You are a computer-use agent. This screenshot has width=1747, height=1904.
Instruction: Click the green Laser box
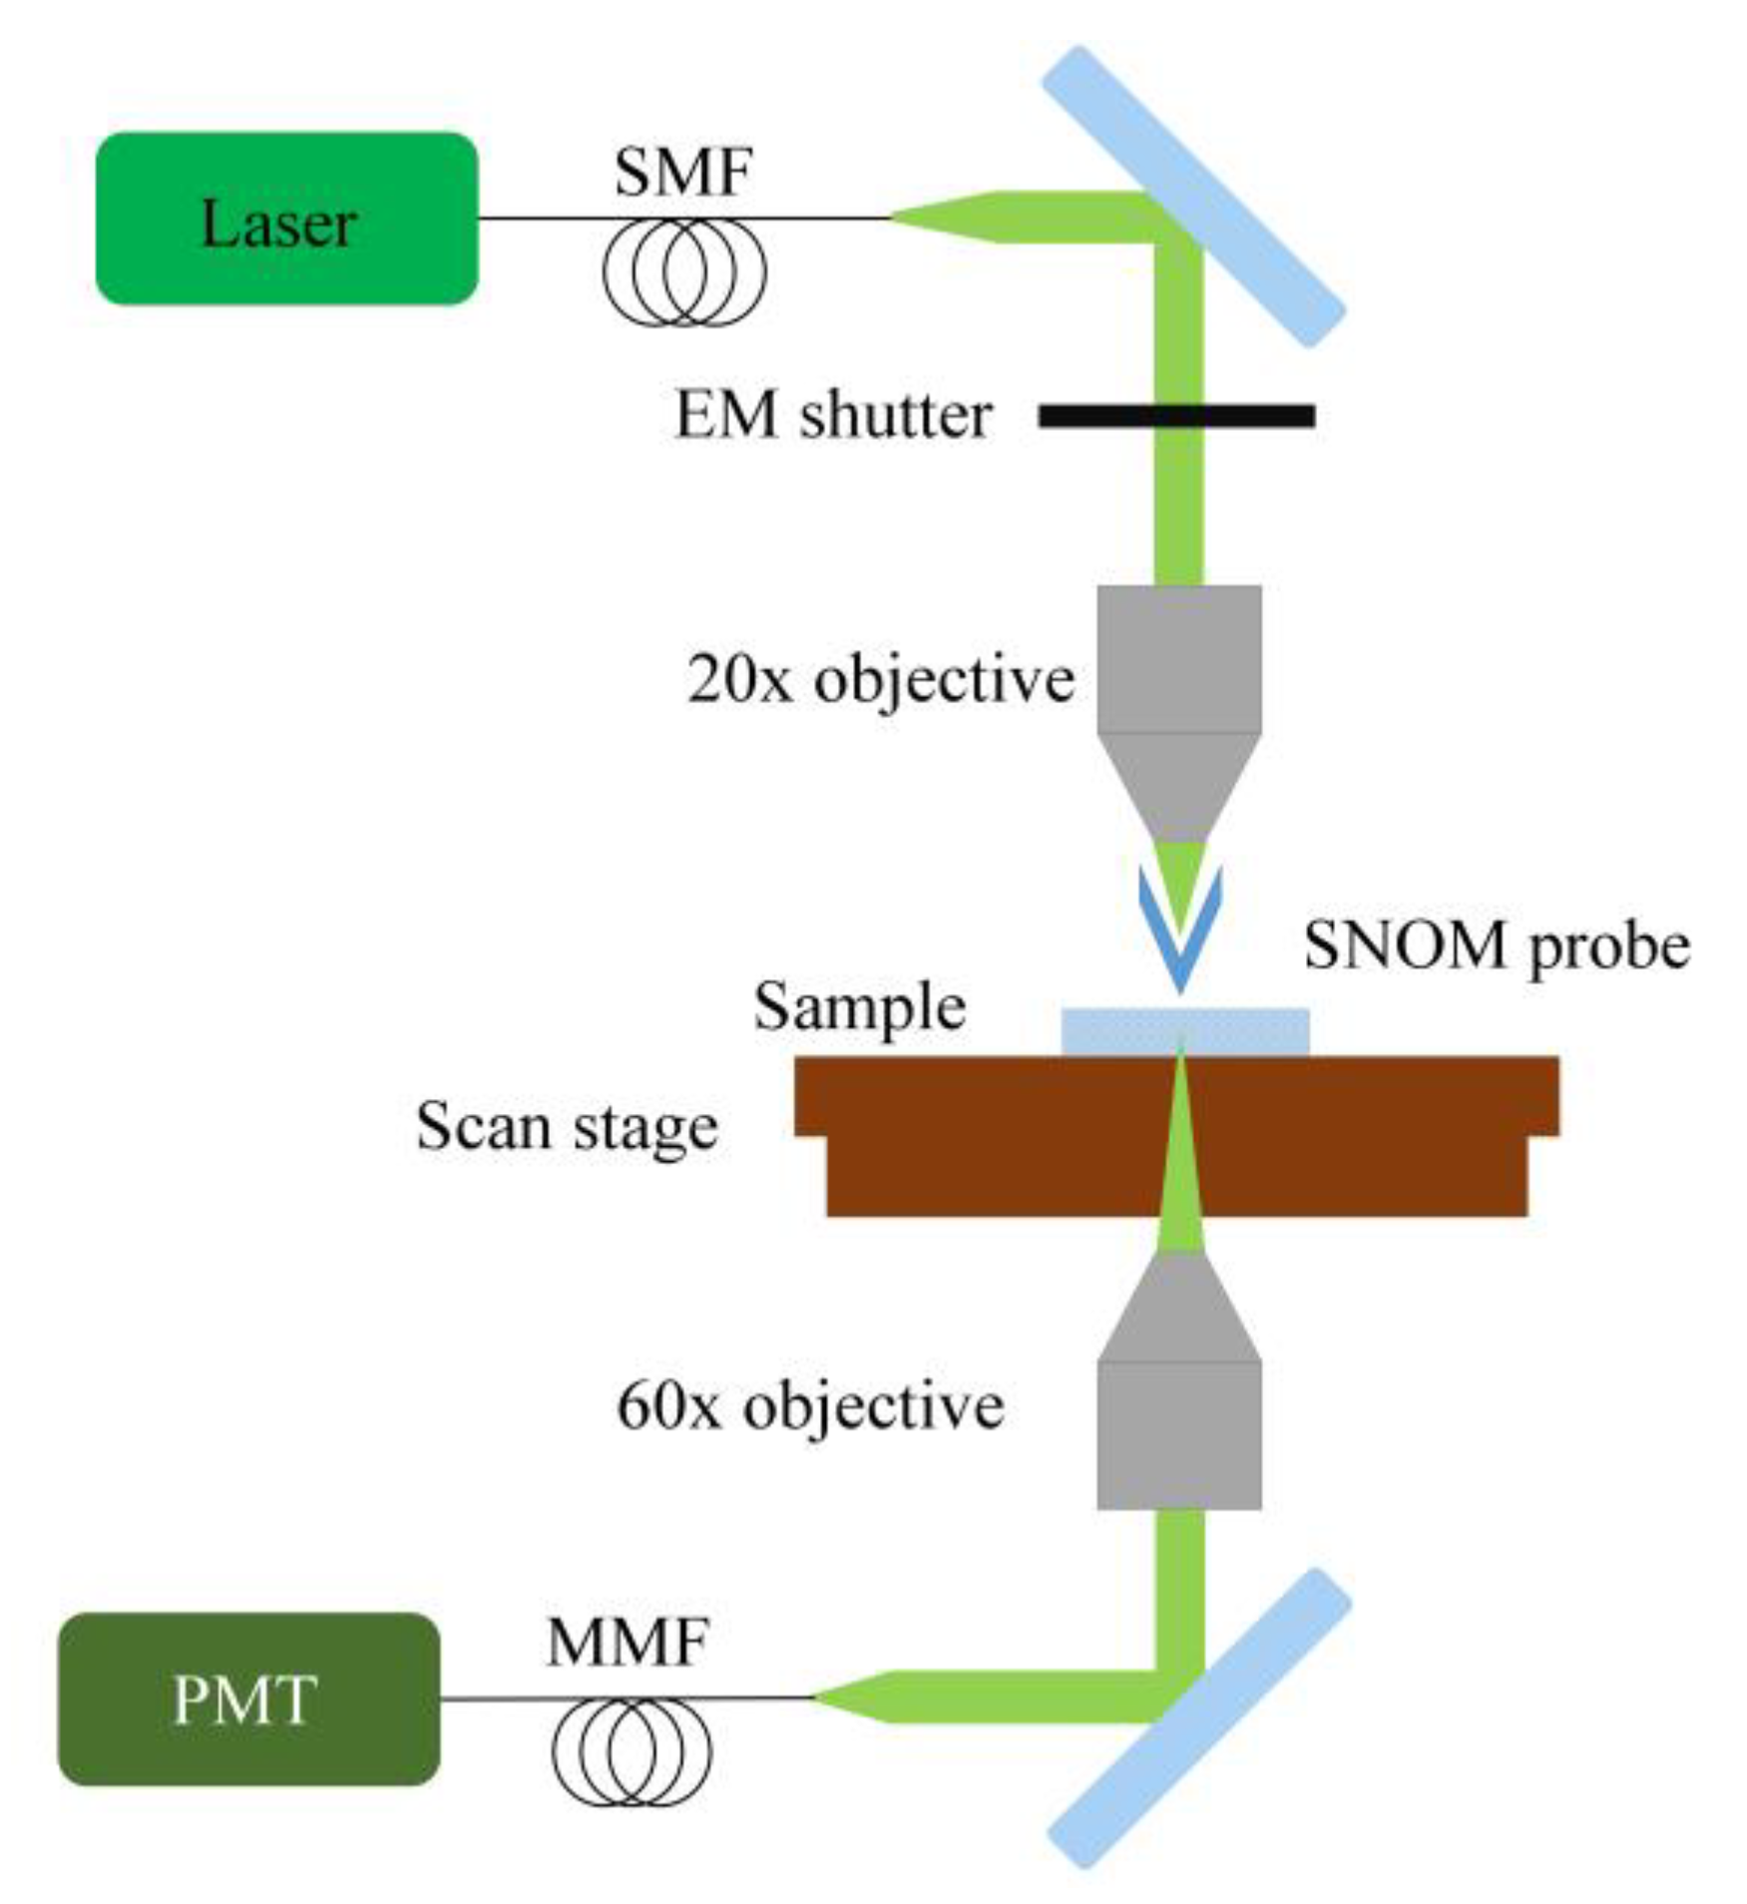pos(286,217)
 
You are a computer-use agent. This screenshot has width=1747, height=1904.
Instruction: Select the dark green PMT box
pos(248,1699)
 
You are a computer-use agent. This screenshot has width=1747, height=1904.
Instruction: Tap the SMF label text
pos(682,172)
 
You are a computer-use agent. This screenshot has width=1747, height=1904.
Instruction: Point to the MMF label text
pos(628,1642)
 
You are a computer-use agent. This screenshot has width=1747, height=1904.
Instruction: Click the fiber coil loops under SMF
pos(684,273)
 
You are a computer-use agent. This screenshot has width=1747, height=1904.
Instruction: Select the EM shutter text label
pos(833,416)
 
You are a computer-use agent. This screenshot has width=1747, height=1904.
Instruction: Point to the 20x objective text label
pos(880,680)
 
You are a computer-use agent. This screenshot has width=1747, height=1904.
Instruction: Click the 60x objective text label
pos(810,1406)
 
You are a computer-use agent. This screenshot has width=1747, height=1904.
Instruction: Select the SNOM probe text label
pos(1496,944)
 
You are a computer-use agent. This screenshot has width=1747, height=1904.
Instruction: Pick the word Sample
pos(859,1007)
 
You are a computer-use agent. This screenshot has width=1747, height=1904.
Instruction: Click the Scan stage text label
pos(567,1127)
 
